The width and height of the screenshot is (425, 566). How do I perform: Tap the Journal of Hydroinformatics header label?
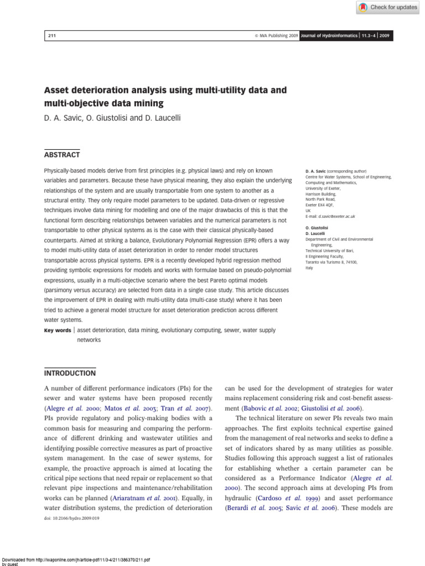coord(329,36)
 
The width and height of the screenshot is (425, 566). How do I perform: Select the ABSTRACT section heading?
coord(61,155)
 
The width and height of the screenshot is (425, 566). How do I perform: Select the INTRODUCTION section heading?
coord(70,373)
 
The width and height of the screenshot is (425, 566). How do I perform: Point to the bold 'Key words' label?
coord(58,330)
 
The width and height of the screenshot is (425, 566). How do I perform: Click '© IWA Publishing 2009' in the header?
coord(276,36)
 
